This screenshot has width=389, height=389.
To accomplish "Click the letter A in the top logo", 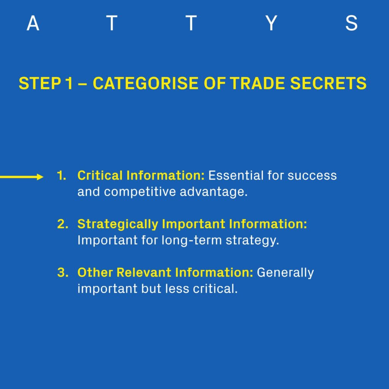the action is [33, 23].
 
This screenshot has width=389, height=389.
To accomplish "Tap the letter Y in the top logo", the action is [271, 23].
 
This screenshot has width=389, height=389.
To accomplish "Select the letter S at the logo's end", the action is [351, 23].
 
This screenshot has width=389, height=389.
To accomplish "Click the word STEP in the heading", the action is [40, 83].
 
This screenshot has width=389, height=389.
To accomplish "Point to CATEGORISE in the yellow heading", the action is [145, 83].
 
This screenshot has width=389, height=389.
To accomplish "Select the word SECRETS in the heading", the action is [328, 83].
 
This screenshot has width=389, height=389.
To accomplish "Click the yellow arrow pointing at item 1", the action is [22, 177].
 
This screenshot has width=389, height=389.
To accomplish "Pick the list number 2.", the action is [63, 224].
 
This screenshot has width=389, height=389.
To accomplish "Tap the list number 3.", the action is [63, 272].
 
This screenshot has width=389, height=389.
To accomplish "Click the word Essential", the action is [236, 176].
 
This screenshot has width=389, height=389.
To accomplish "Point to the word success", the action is [312, 176].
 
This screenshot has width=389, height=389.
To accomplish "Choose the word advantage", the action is [213, 192].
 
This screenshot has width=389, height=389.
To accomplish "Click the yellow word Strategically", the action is [118, 224].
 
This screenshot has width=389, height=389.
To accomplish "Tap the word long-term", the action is [191, 240].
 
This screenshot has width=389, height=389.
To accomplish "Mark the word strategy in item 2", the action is [252, 240].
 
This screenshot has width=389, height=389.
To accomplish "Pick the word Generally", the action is [285, 273].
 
